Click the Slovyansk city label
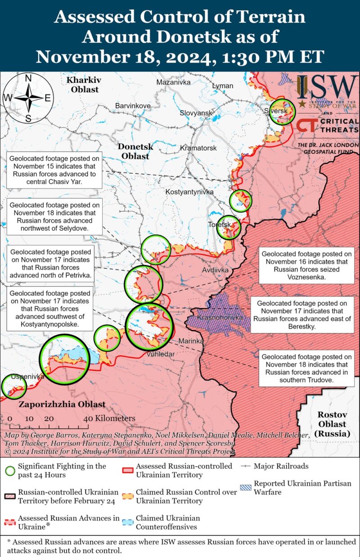click(x=196, y=112)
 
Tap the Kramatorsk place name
click(x=198, y=148)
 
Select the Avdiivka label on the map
click(x=215, y=270)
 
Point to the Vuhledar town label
click(x=160, y=354)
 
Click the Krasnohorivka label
click(x=220, y=318)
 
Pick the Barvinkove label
click(x=133, y=105)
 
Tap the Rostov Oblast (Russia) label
click(x=332, y=424)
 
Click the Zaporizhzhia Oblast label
click(x=62, y=404)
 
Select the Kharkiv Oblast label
click(x=83, y=85)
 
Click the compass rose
click(x=28, y=98)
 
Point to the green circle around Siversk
click(x=283, y=111)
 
